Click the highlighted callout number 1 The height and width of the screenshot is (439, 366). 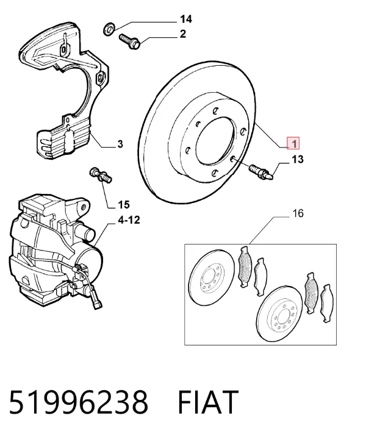point(293,144)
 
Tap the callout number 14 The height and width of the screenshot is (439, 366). point(185,20)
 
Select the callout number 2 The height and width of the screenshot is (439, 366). point(182,34)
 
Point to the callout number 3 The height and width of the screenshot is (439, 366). point(120,144)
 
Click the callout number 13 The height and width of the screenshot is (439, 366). point(298,159)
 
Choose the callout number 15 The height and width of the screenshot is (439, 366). point(123,205)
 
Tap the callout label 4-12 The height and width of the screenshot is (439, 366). point(129,220)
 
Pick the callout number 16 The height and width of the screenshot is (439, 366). point(298,213)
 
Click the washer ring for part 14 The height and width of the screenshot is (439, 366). point(109,29)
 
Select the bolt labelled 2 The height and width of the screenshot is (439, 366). point(130,41)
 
